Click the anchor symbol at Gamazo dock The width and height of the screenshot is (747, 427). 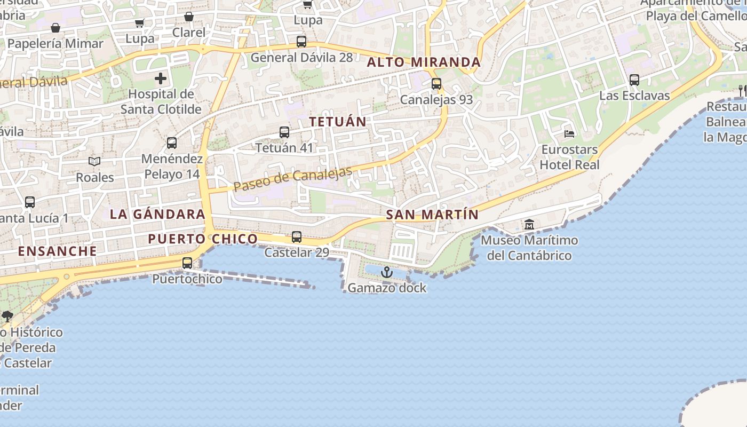pyautogui.click(x=387, y=273)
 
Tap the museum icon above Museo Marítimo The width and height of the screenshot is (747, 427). pyautogui.click(x=529, y=224)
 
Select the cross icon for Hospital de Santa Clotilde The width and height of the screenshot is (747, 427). pyautogui.click(x=161, y=79)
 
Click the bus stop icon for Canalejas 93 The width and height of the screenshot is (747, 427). pyautogui.click(x=436, y=84)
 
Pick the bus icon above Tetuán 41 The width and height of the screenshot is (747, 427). pyautogui.click(x=284, y=132)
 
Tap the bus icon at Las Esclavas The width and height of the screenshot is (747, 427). pyautogui.click(x=634, y=80)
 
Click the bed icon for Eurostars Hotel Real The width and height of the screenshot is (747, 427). pyautogui.click(x=569, y=133)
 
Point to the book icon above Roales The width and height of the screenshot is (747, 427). pyautogui.click(x=94, y=161)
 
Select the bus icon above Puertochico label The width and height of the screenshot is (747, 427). pyautogui.click(x=187, y=263)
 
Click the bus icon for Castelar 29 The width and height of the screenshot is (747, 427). pyautogui.click(x=297, y=236)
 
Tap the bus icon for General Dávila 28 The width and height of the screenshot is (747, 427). pyautogui.click(x=301, y=42)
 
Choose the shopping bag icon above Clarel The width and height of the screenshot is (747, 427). pyautogui.click(x=188, y=17)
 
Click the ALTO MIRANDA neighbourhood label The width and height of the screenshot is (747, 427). pyautogui.click(x=424, y=62)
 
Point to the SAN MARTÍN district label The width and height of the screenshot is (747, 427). pyautogui.click(x=432, y=215)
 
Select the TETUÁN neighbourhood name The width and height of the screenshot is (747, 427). pyautogui.click(x=338, y=122)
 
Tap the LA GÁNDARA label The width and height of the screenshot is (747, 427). pyautogui.click(x=157, y=214)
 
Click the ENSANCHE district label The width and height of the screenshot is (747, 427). pyautogui.click(x=58, y=251)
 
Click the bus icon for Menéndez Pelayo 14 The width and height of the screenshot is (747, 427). pyautogui.click(x=172, y=143)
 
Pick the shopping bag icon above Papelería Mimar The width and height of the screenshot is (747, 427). pyautogui.click(x=55, y=28)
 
